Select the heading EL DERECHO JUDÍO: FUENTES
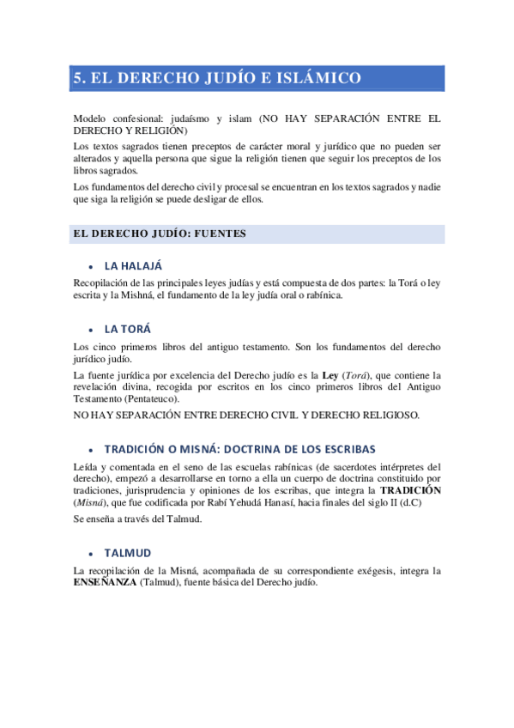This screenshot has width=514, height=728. (160, 233)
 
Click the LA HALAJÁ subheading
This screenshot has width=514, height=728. (133, 265)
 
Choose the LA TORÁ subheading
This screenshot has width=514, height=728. (128, 329)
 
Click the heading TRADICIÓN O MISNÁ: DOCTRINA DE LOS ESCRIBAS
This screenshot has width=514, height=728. (239, 449)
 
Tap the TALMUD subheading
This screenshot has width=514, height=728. (128, 554)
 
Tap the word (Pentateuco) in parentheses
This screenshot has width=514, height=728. (151, 400)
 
